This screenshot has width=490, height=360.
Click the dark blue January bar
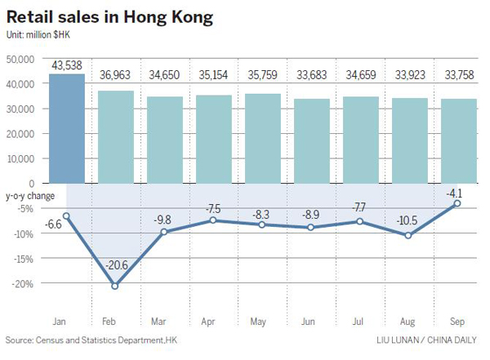[x=66, y=129]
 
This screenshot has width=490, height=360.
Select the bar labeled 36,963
[x=115, y=137]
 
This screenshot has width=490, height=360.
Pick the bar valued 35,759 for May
[x=262, y=139]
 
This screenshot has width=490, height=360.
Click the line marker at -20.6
[x=115, y=286]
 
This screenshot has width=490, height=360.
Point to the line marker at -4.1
[x=457, y=203]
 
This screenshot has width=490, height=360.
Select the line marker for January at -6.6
[x=66, y=216]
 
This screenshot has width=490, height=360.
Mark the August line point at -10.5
[x=408, y=235]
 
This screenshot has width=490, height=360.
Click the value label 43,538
[x=66, y=65]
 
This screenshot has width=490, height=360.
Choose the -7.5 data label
[x=213, y=207]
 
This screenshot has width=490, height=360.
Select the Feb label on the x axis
[x=115, y=322]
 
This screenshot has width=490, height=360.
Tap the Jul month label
[x=359, y=322]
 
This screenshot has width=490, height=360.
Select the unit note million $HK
[x=42, y=35]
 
